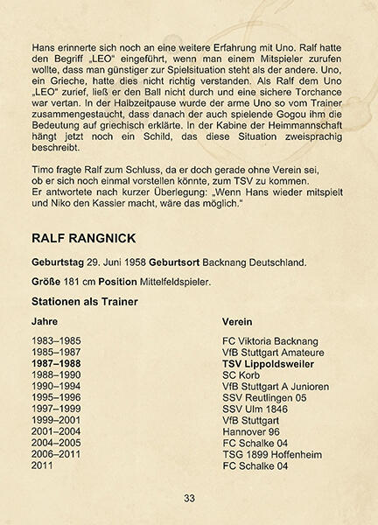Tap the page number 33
tap(189, 499)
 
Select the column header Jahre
tap(45, 321)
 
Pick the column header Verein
tap(239, 321)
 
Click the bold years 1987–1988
tap(55, 362)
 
